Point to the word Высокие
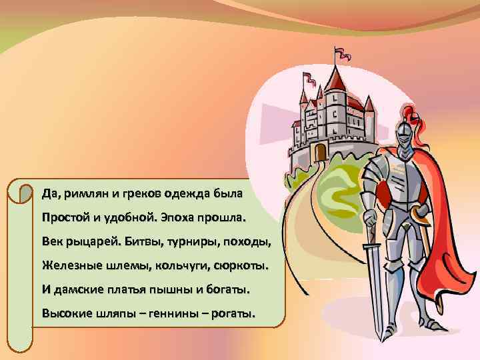click(x=67, y=313)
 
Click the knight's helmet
click(x=404, y=133)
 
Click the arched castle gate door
click(x=321, y=152)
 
